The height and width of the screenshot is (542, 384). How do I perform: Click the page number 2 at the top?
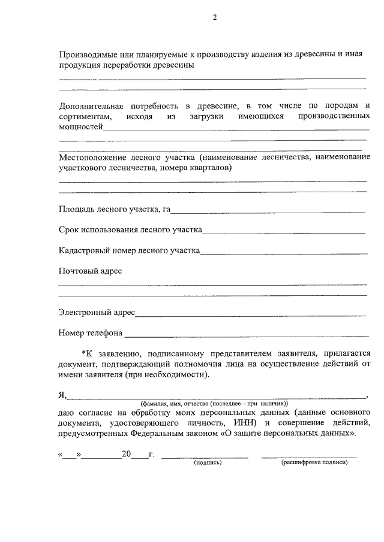point(214,17)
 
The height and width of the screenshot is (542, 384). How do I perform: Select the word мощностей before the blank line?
point(81,127)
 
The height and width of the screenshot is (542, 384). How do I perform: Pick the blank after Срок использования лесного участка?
point(284,231)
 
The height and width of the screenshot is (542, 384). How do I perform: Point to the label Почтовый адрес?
point(90,271)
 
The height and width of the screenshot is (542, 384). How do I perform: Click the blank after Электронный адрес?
point(250,313)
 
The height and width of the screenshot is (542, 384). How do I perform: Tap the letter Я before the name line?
point(62,395)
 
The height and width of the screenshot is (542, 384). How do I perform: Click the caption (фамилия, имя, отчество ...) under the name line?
point(214,404)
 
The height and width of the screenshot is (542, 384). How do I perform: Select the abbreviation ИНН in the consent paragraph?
point(239,423)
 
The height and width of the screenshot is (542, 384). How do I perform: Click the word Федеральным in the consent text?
point(179,434)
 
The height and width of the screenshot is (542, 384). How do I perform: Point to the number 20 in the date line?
point(126,455)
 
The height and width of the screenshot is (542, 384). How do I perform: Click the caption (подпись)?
point(207,463)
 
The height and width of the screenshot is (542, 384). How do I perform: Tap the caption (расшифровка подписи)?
point(314,463)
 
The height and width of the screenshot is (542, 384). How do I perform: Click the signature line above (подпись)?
point(205,457)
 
